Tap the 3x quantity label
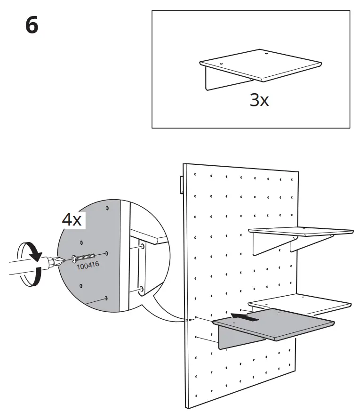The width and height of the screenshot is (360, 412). tap(259, 100)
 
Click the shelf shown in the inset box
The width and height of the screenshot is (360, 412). tap(261, 64)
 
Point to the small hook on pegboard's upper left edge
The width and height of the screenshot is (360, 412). tap(181, 185)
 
